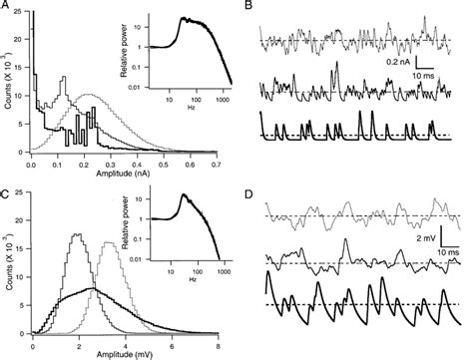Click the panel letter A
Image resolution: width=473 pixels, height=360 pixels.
tap(7, 7)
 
